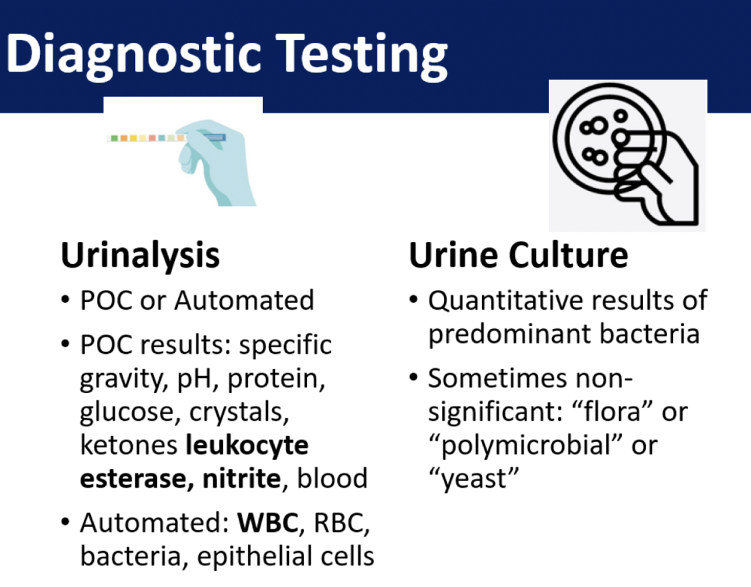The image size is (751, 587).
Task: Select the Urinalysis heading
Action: coord(140,256)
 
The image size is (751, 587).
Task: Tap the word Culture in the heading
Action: coord(568,255)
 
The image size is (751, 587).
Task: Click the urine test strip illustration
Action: coord(166,138)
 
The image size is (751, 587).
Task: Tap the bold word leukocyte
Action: coord(246,446)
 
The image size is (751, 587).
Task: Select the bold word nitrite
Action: coord(241,478)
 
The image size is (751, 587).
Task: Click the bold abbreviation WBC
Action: coord(268,522)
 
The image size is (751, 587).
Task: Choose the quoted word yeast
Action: coord(473,480)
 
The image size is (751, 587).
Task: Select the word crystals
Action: coord(239,413)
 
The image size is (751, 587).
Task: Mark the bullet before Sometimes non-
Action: coord(414,377)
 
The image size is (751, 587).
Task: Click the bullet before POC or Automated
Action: coord(65,300)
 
